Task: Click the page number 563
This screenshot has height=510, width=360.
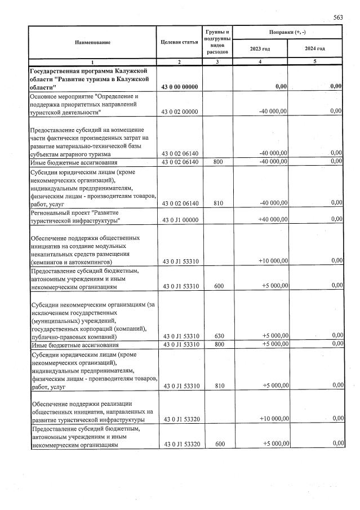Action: click(x=337, y=17)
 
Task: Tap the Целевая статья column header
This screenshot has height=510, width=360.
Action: click(x=179, y=42)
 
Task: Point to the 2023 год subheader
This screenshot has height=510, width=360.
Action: click(x=260, y=48)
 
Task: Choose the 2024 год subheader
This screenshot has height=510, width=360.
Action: click(x=315, y=48)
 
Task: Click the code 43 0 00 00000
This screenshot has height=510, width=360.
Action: click(x=179, y=86)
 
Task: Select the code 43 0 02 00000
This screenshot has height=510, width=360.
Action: click(x=179, y=112)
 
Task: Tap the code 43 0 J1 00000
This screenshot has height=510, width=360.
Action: click(x=179, y=219)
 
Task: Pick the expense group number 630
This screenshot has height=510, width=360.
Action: click(x=220, y=336)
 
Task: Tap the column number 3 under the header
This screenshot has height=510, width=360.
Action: click(x=220, y=60)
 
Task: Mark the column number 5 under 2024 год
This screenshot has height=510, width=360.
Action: click(x=315, y=60)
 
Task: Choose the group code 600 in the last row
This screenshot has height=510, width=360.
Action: click(x=220, y=444)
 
